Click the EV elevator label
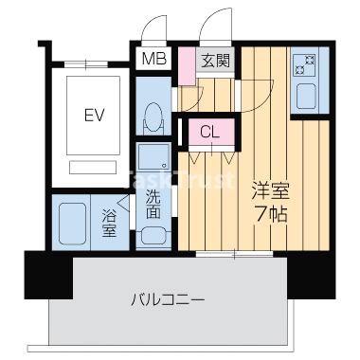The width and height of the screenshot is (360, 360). [x=93, y=116]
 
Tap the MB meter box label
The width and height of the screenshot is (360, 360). [x=153, y=61]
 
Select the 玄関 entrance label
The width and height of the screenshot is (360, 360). [x=214, y=61]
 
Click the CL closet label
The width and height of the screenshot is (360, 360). [x=210, y=132]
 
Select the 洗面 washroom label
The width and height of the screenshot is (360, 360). [x=153, y=204]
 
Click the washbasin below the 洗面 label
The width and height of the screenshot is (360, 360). [x=152, y=233]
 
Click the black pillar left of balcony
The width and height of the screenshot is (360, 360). [x=43, y=276]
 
